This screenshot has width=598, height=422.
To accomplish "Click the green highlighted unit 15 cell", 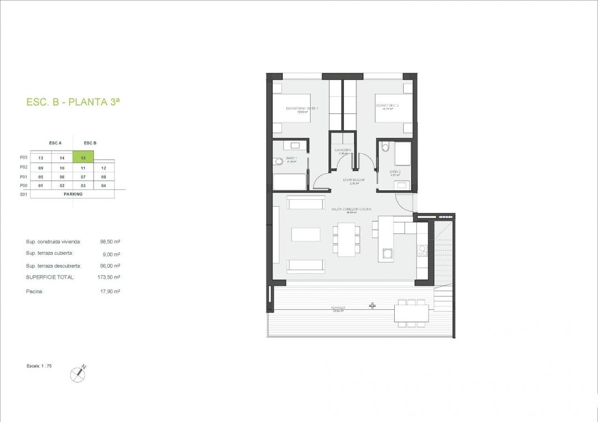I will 83,158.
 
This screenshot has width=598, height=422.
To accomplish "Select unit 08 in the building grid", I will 104,176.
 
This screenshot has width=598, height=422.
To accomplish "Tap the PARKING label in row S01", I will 72,195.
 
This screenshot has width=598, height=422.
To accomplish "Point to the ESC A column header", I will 55,143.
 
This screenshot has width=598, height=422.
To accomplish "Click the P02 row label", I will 23,167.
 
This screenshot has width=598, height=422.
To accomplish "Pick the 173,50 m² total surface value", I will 109,277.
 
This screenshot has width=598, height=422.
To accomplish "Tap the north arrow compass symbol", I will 78,374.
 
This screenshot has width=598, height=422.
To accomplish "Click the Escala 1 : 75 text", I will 39,366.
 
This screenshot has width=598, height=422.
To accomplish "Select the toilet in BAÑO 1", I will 278,162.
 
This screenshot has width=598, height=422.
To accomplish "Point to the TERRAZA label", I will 338,308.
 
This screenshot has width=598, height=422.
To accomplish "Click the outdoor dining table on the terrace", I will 410,314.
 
